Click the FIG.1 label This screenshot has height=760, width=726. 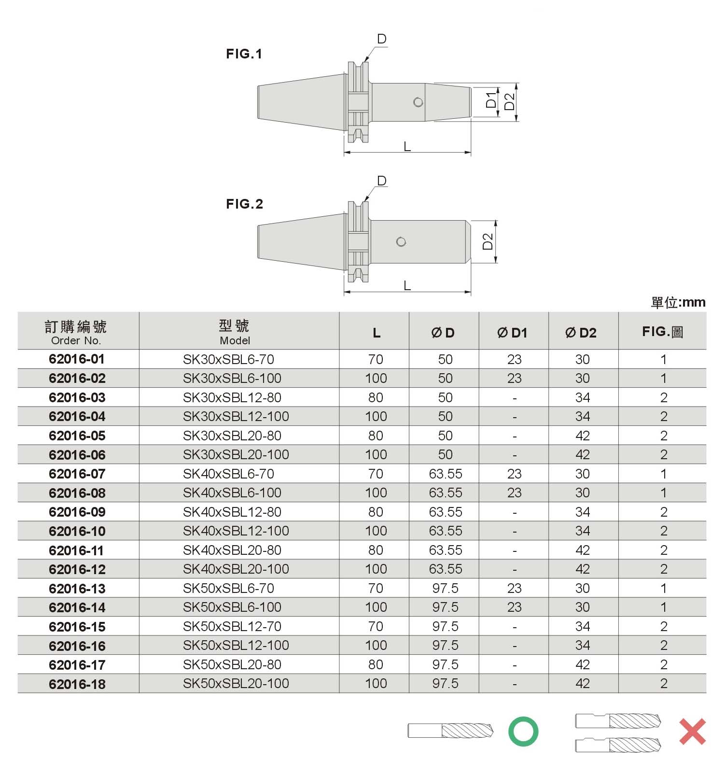(x=244, y=54)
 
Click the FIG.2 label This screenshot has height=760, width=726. (x=244, y=204)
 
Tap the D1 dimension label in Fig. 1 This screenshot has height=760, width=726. (x=491, y=100)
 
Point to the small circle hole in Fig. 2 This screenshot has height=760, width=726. (x=401, y=242)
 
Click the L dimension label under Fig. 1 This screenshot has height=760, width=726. (x=407, y=147)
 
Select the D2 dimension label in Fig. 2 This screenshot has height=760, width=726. (x=488, y=241)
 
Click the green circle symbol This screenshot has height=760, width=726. (x=523, y=732)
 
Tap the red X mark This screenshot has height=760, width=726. (x=692, y=732)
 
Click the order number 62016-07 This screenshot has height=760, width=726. (x=77, y=474)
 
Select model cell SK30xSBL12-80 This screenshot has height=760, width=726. (x=232, y=397)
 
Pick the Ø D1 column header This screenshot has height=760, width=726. (x=513, y=333)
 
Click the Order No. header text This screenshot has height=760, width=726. (x=76, y=340)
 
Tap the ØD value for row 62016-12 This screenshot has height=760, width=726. (x=445, y=569)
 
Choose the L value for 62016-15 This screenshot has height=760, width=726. (x=376, y=626)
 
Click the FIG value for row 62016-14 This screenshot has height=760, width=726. (x=663, y=607)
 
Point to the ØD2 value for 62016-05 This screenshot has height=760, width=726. (x=582, y=436)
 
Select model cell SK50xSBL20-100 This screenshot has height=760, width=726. (x=236, y=683)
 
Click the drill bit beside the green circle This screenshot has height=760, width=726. (x=450, y=730)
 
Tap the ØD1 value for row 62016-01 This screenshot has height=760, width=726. (x=514, y=359)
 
